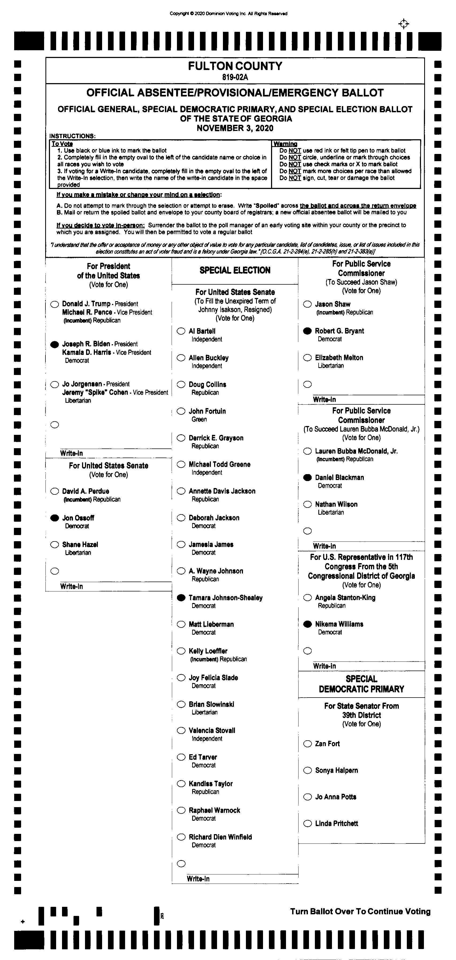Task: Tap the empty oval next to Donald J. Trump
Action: point(55,304)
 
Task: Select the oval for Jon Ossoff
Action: point(55,518)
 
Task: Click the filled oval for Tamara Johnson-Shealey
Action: point(181,598)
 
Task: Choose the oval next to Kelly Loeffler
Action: point(181,651)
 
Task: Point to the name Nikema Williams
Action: point(339,624)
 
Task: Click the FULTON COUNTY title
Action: point(235,66)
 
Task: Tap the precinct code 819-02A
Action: point(235,78)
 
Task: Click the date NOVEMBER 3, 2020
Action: point(235,128)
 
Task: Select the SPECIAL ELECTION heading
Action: point(235,270)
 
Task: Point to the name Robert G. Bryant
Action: point(339,331)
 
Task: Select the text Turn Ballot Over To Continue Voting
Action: point(360,912)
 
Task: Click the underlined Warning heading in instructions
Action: point(285,144)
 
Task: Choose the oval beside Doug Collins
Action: point(181,384)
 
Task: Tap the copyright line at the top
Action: point(228,14)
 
